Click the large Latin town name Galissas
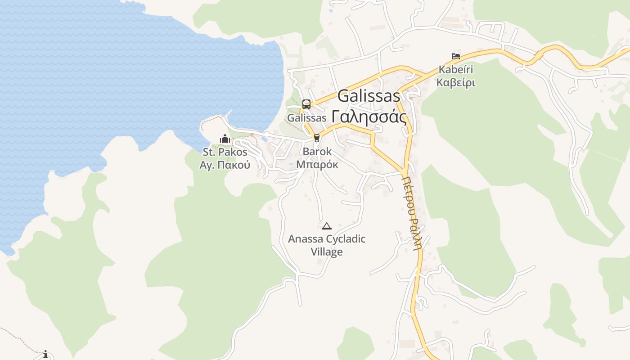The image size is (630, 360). click(x=369, y=96)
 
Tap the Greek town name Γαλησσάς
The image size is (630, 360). click(x=369, y=117)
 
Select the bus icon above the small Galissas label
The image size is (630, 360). click(x=306, y=104)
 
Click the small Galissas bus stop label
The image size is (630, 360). click(x=306, y=118)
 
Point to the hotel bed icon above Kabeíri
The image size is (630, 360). click(x=456, y=56)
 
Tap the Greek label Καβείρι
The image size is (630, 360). click(x=456, y=83)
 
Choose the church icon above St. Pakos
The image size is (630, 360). click(x=225, y=139)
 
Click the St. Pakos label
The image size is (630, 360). click(x=225, y=152)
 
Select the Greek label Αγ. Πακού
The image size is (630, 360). click(x=225, y=165)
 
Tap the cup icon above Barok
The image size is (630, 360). click(x=317, y=138)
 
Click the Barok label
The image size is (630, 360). click(x=317, y=152)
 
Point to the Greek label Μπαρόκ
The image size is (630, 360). click(x=317, y=164)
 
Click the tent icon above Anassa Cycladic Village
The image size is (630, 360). click(x=327, y=226)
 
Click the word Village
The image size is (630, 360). click(x=327, y=252)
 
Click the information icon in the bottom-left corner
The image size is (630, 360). click(x=45, y=355)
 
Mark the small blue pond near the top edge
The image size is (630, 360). click(x=331, y=10)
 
